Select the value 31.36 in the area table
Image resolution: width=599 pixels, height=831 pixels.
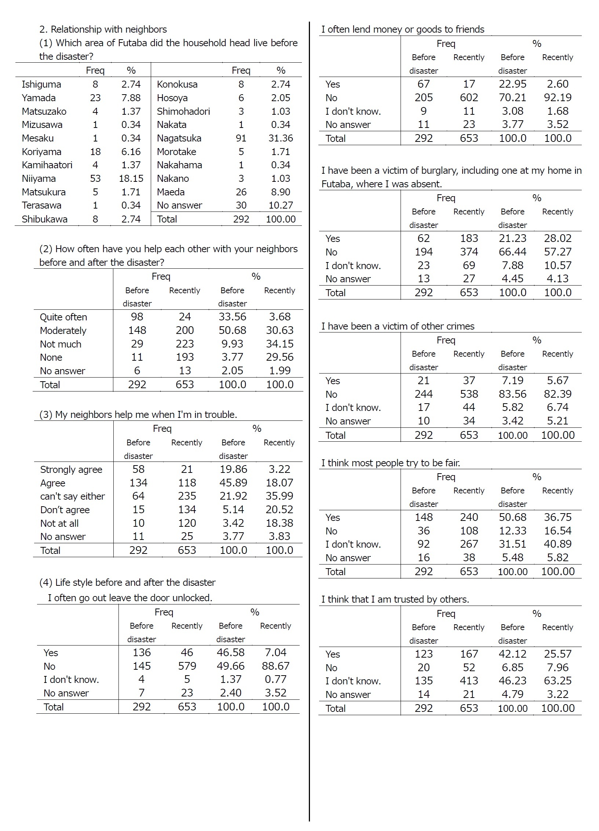point(281,138)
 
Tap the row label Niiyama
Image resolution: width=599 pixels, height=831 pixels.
point(39,179)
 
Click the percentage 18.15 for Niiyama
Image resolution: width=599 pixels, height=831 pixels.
point(131,179)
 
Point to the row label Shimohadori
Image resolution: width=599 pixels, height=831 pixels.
point(183,111)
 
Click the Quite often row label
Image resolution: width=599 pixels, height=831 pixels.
point(63,317)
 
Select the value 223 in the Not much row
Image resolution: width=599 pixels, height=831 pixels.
point(185,344)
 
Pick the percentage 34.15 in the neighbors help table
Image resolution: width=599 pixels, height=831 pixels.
point(280,344)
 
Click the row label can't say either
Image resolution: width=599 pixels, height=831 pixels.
point(72,496)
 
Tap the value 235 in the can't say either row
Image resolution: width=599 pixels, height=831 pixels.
point(187,496)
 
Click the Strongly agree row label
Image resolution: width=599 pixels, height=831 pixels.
point(71,470)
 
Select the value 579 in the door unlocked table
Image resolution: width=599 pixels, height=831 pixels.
point(187,666)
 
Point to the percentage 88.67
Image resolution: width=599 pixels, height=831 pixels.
point(275,666)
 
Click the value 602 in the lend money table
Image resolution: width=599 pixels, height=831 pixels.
point(469,98)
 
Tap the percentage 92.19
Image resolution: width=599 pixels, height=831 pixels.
point(558,98)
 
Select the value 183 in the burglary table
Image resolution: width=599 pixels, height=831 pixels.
point(469,238)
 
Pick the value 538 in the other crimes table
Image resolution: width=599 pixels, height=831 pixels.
point(469,394)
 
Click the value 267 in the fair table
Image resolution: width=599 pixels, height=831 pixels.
point(469,544)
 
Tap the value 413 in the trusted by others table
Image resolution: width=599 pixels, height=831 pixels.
point(469,681)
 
